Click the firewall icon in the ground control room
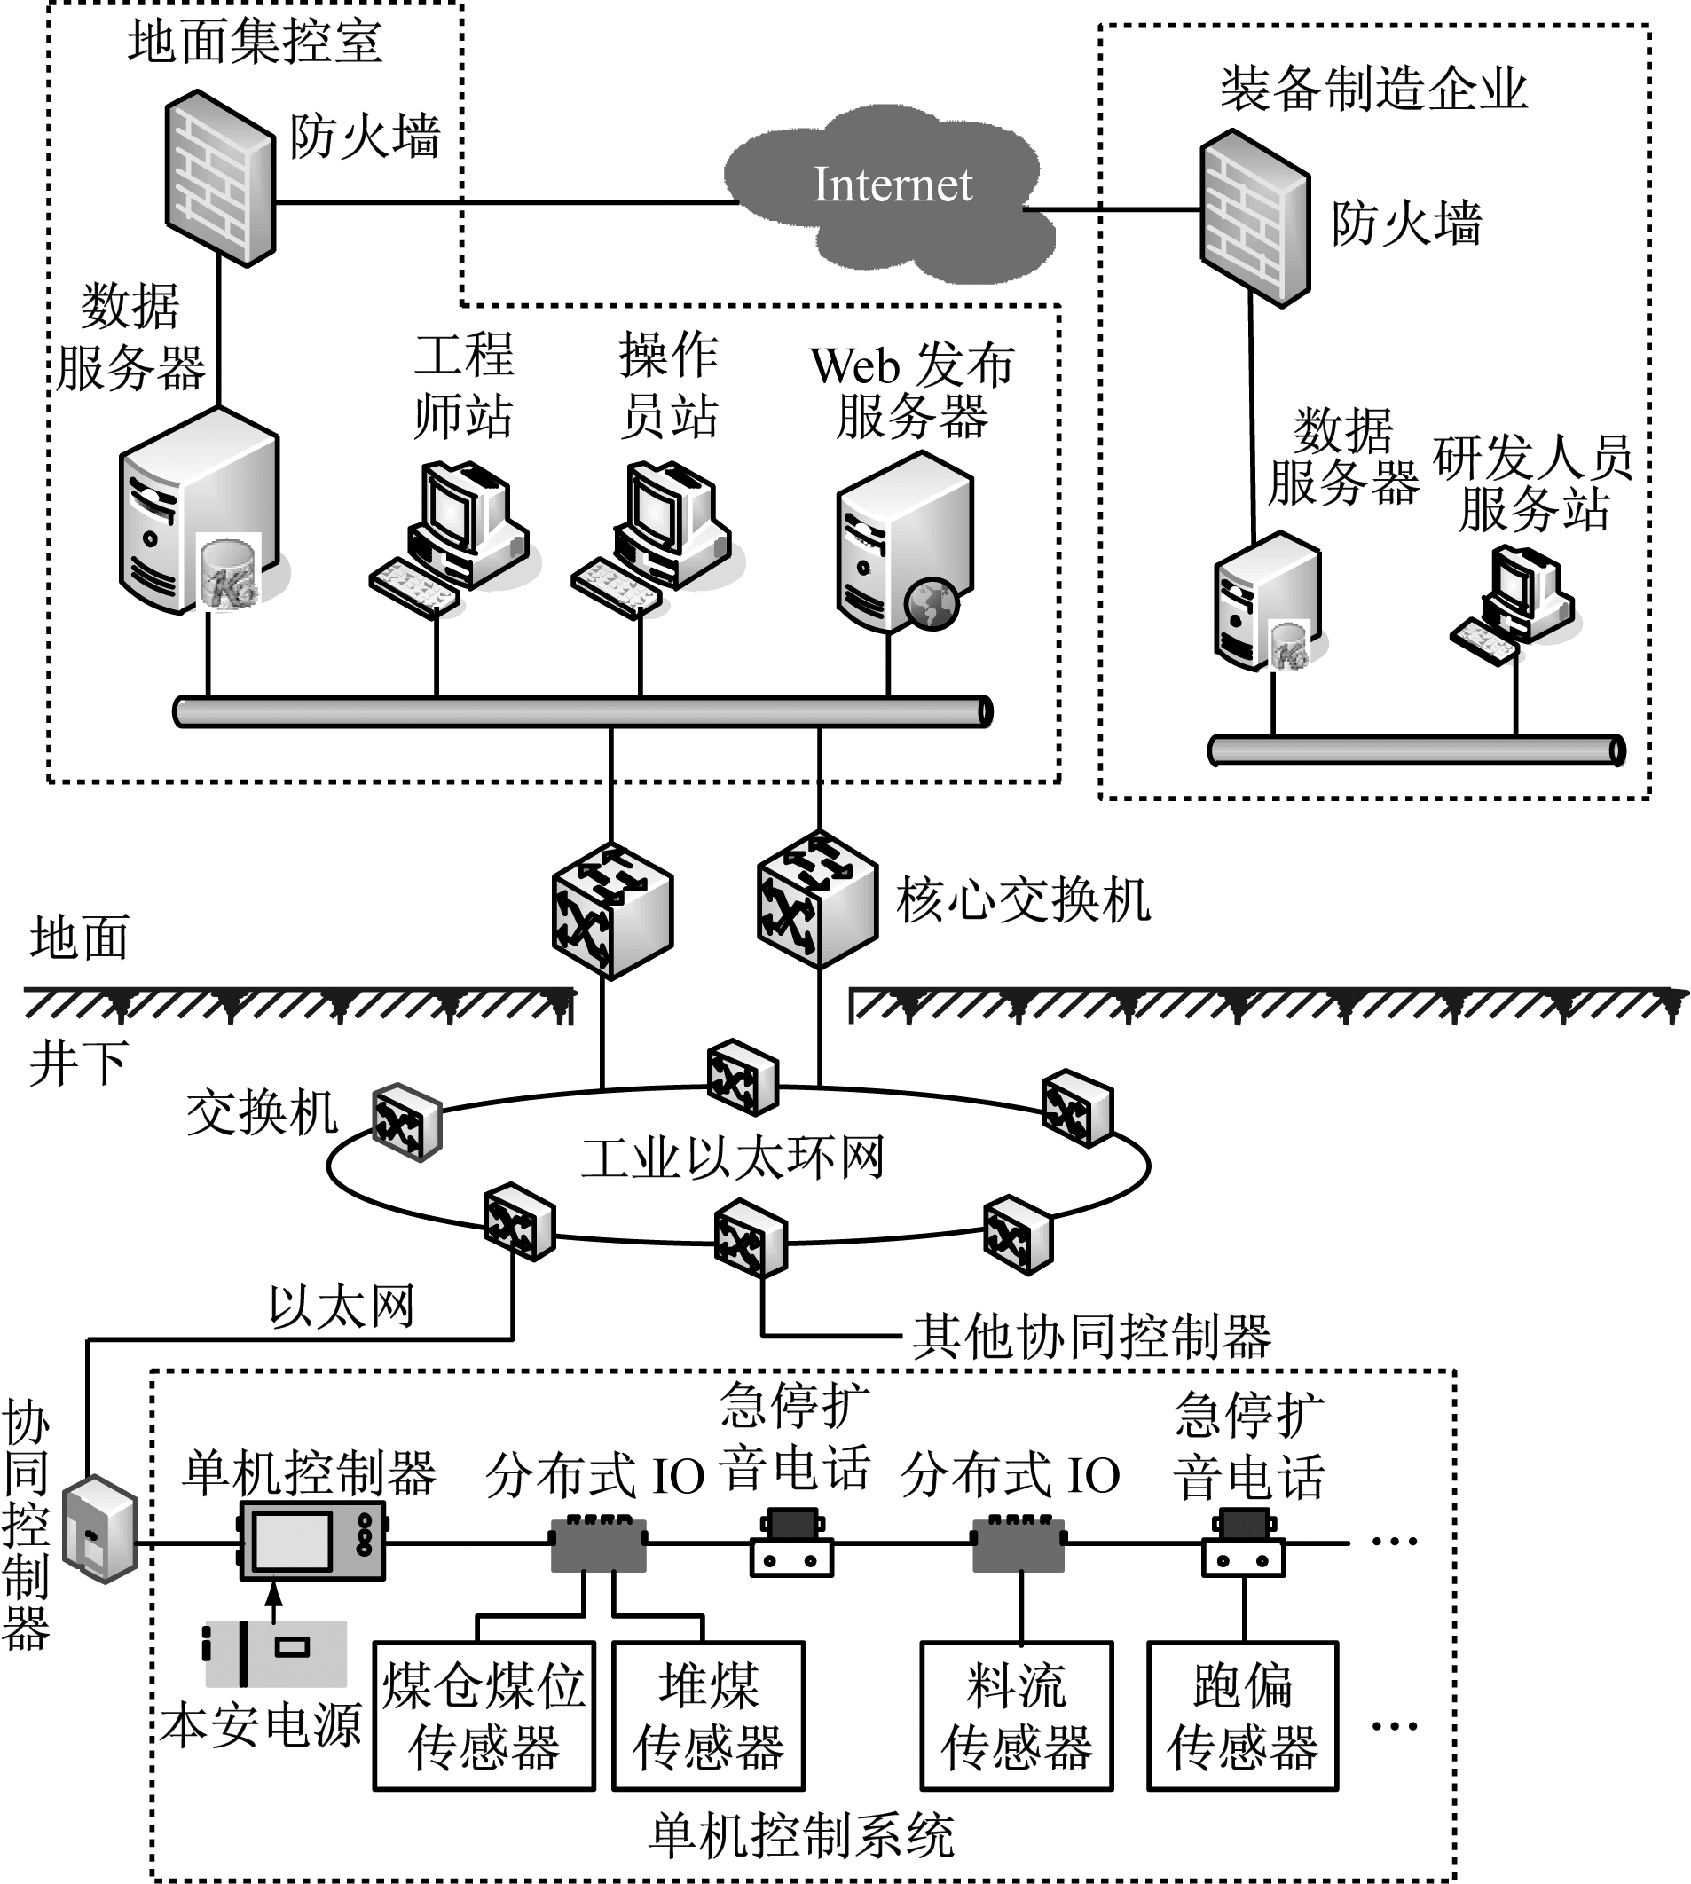pyautogui.click(x=220, y=178)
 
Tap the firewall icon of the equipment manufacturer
pyautogui.click(x=1254, y=219)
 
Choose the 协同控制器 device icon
pyautogui.click(x=100, y=1530)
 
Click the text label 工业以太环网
pyautogui.click(x=732, y=1158)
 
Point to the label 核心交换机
pyautogui.click(x=1023, y=899)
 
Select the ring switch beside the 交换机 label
pyautogui.click(x=407, y=1121)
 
